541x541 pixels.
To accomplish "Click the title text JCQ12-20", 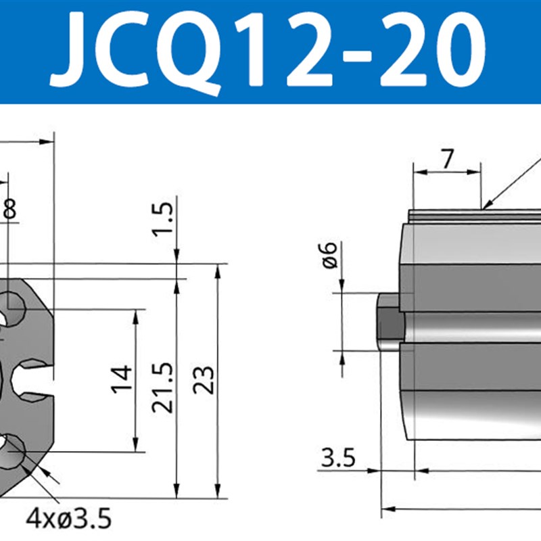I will [270, 49].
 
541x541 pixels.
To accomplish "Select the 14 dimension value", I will [120, 381].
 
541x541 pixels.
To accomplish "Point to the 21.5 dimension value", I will [162, 387].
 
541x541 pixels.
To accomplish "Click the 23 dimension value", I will [204, 381].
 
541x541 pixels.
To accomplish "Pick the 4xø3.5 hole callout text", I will [68, 519].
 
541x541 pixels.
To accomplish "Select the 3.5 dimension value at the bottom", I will [338, 459].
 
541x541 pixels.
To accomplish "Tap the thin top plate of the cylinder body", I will [473, 216].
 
